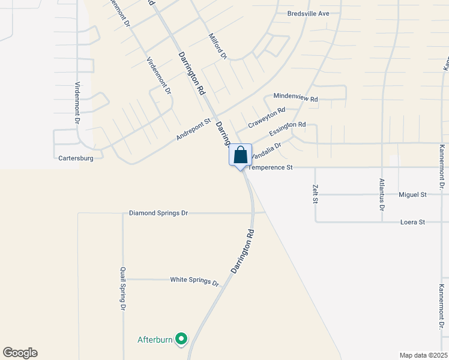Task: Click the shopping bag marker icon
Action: tap(240, 155)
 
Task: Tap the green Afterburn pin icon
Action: tap(180, 340)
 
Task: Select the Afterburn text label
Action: tap(155, 340)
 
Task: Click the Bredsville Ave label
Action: tap(309, 13)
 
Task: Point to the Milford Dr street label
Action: tap(217, 46)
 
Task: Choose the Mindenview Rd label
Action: tap(295, 97)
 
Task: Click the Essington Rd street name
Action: tap(288, 127)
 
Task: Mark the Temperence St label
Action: tap(270, 167)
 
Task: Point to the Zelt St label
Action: tap(315, 194)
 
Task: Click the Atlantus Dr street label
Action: tap(382, 194)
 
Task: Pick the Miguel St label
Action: tap(412, 195)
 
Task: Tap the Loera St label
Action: tap(412, 222)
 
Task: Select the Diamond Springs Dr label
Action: tap(158, 213)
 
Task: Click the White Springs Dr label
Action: tap(194, 280)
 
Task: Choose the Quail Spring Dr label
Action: tap(122, 289)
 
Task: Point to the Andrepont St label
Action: tap(193, 129)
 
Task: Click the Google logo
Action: tap(20, 353)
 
